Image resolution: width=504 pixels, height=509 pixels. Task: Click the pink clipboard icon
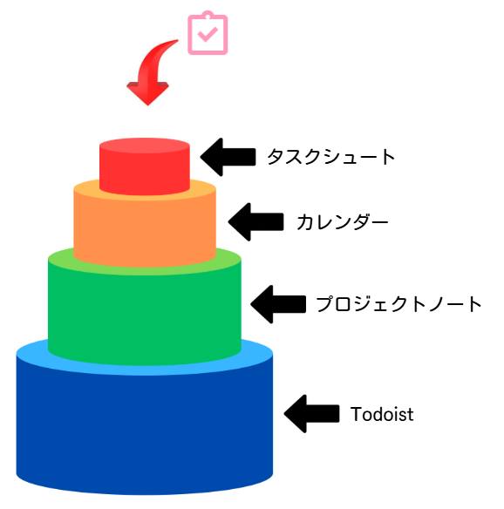point(208,33)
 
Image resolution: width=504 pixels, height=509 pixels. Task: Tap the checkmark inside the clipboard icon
point(208,34)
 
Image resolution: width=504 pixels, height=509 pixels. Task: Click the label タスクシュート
point(330,157)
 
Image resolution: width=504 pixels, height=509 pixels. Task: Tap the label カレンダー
point(343,222)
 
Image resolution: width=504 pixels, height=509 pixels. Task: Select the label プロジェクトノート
point(398,304)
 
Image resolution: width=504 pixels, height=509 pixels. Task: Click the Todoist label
point(382,414)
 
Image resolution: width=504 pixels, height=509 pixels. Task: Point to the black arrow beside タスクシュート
point(228,157)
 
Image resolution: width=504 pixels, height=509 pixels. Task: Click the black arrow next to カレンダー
point(255,222)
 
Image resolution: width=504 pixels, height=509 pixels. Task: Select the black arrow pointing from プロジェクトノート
point(278,304)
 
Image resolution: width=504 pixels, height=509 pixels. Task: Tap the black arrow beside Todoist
point(312,414)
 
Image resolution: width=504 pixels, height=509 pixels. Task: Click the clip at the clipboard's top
point(208,14)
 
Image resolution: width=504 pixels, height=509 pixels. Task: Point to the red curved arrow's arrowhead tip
point(147,105)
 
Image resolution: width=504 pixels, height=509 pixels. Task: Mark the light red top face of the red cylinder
point(145,145)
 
